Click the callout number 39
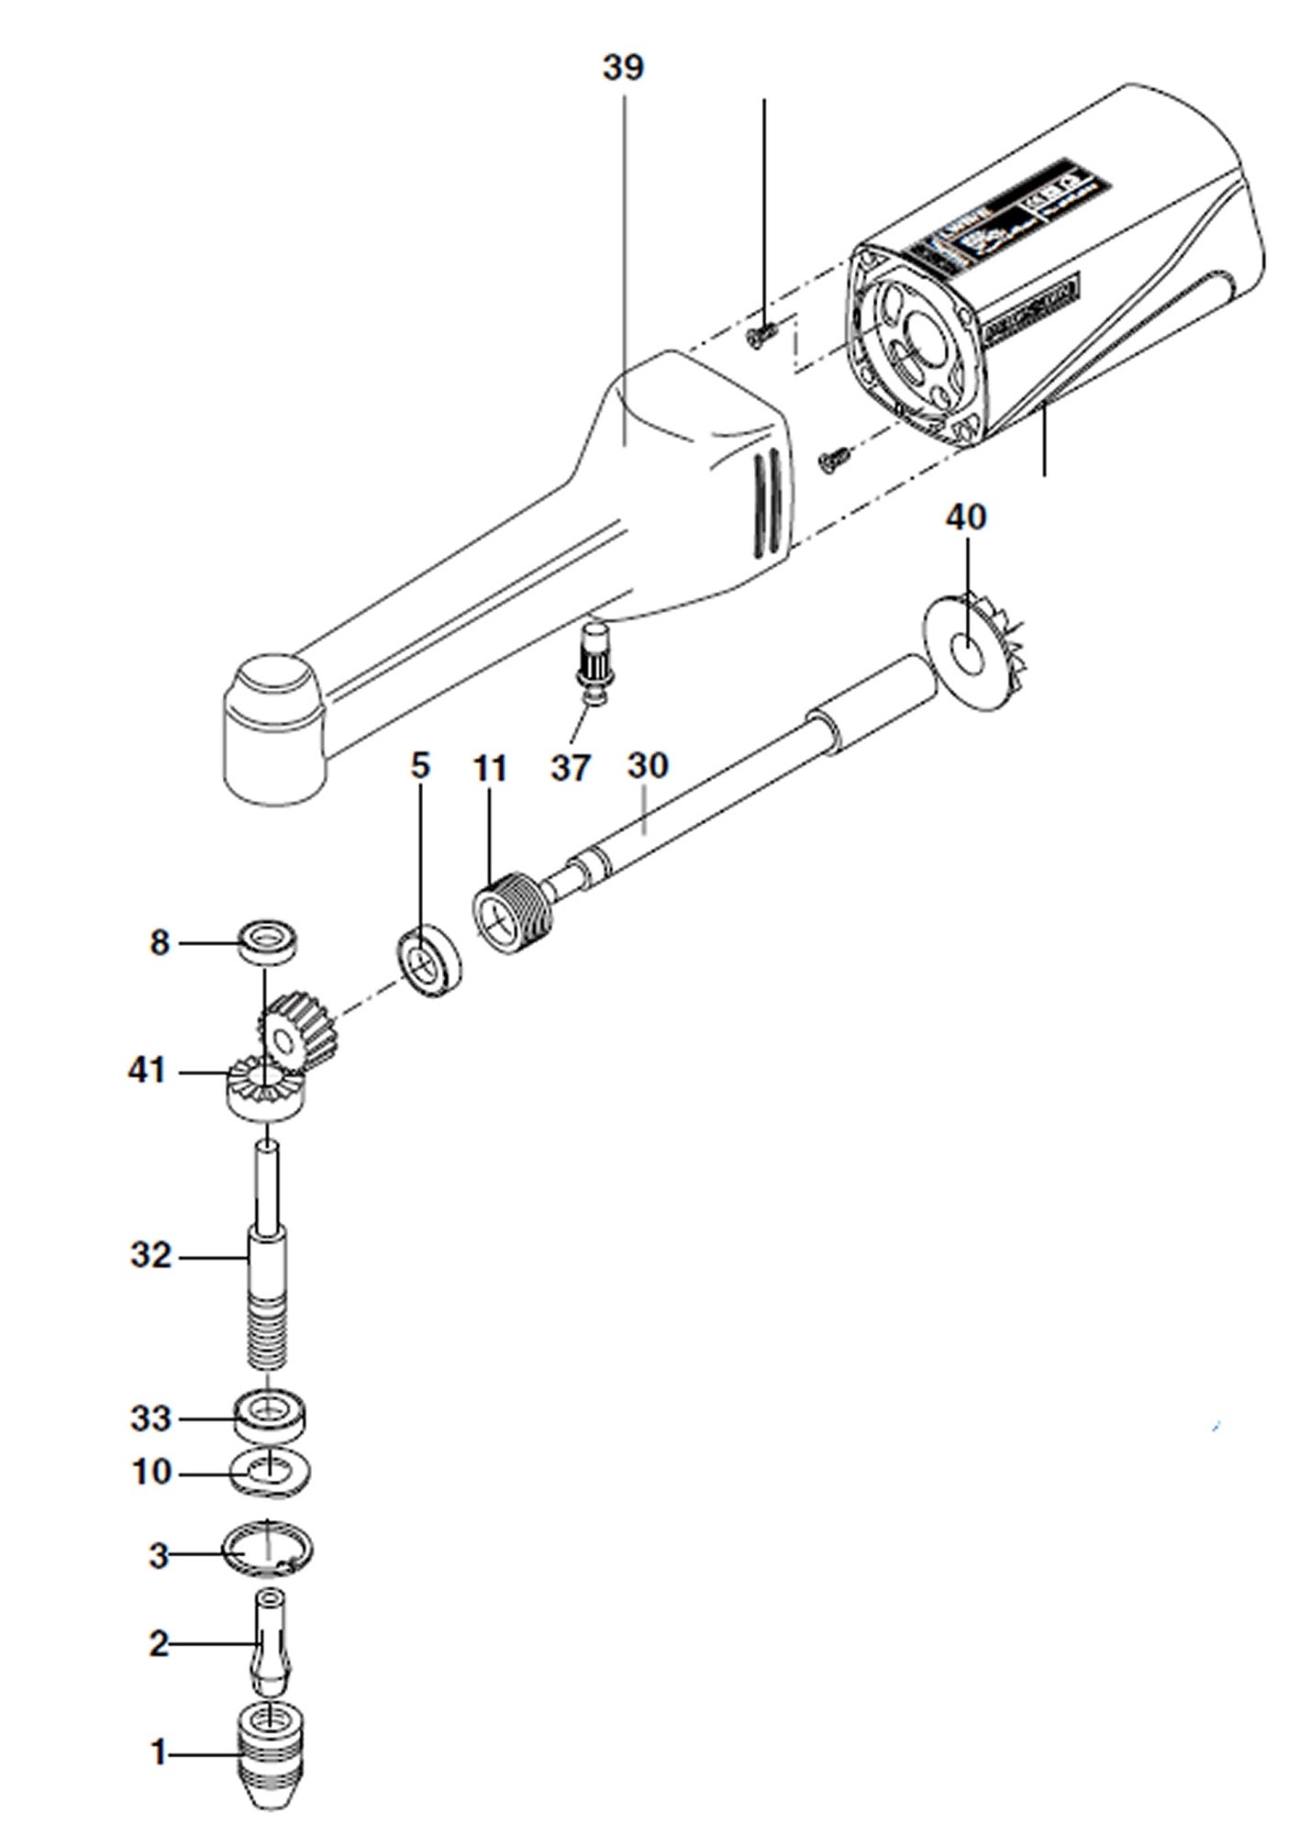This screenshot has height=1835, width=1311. pyautogui.click(x=623, y=67)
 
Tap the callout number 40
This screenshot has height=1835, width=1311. pyautogui.click(x=966, y=517)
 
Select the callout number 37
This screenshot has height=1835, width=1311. pyautogui.click(x=570, y=766)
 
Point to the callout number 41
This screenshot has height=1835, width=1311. pyautogui.click(x=147, y=1070)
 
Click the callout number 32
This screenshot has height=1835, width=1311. pyautogui.click(x=150, y=1254)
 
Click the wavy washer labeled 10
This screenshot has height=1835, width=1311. pyautogui.click(x=271, y=1474)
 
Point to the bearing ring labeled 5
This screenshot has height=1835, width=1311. pyautogui.click(x=429, y=963)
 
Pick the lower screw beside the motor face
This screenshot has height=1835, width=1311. pyautogui.click(x=833, y=458)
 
